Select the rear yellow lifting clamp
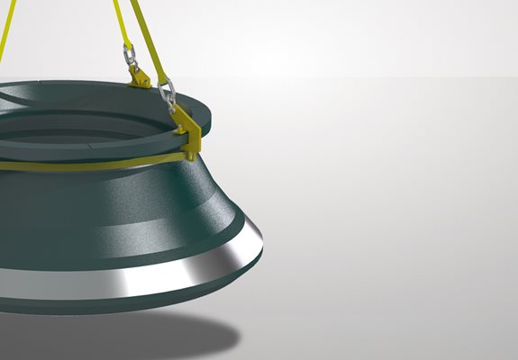(140, 78)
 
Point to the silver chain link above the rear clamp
(131, 57)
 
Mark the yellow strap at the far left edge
(4, 36)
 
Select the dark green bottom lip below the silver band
(135, 302)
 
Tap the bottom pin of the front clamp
(192, 156)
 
